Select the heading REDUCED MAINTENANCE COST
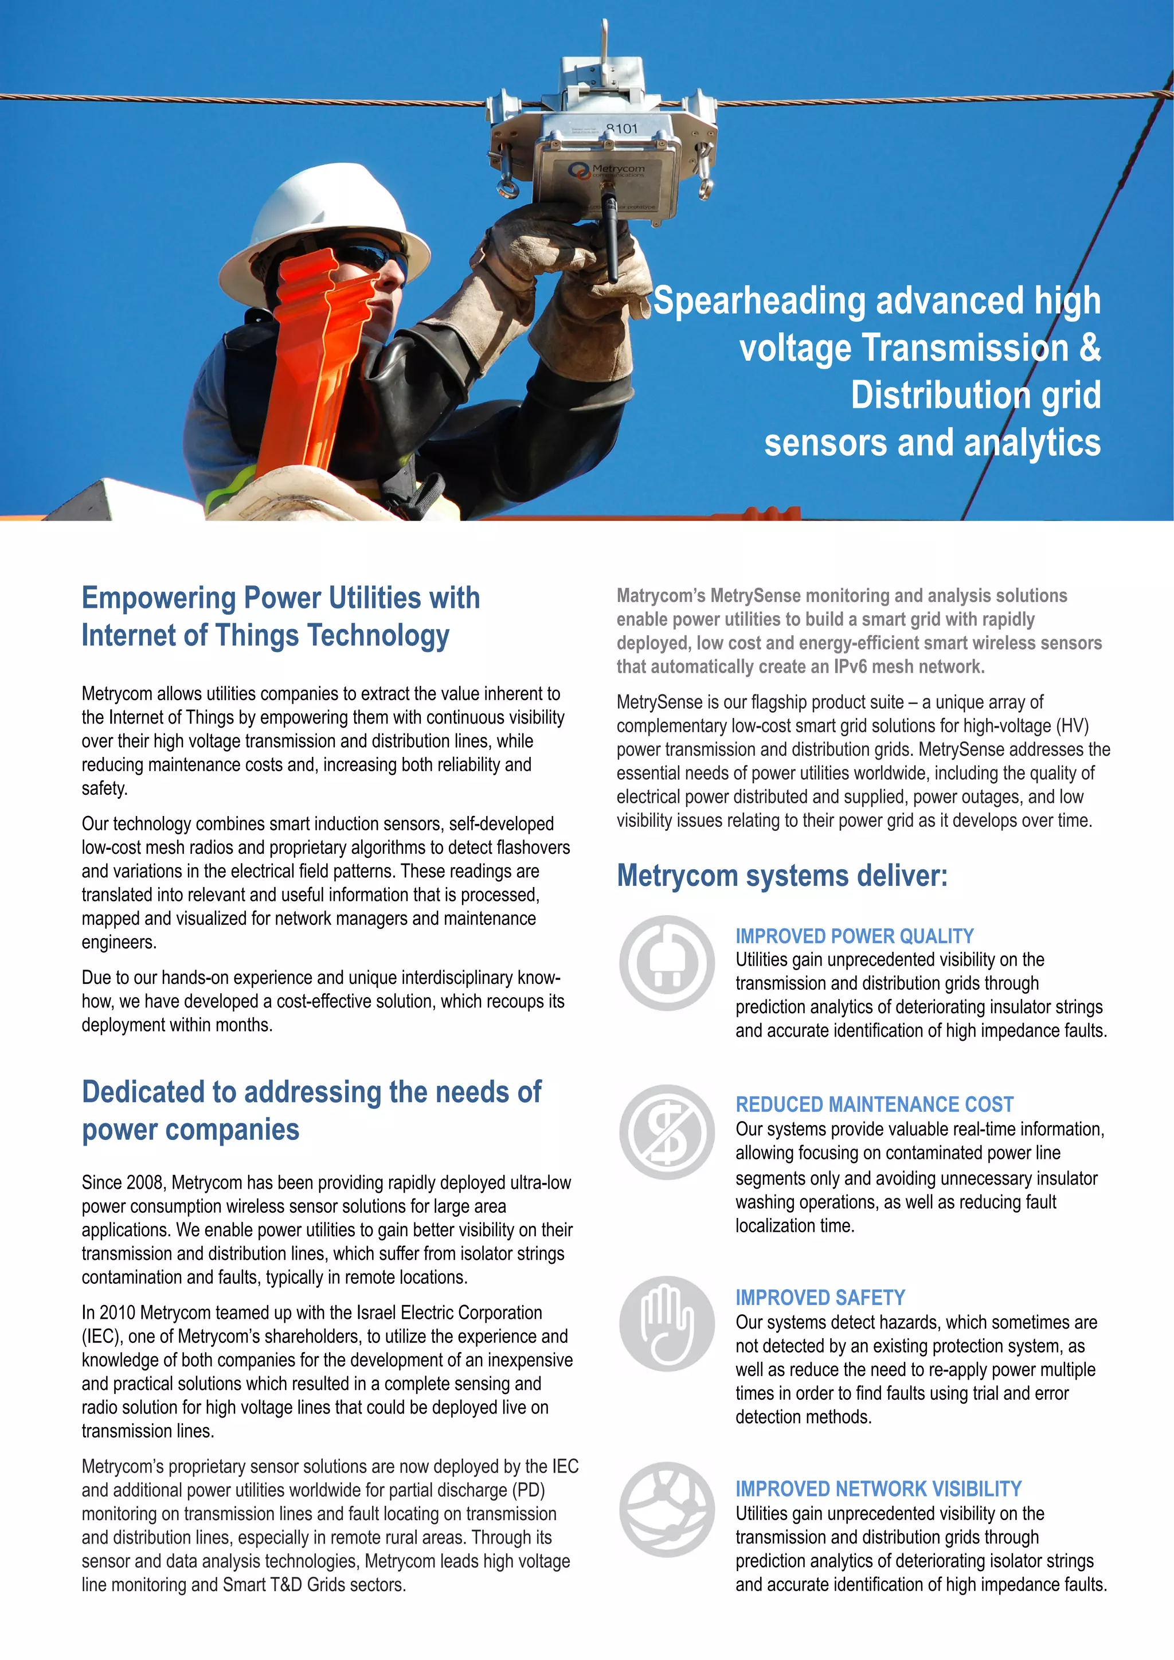coord(874,1105)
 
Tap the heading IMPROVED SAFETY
coord(820,1298)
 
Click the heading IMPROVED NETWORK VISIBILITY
coord(878,1489)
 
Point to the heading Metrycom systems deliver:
coord(781,876)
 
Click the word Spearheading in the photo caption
coord(759,302)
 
